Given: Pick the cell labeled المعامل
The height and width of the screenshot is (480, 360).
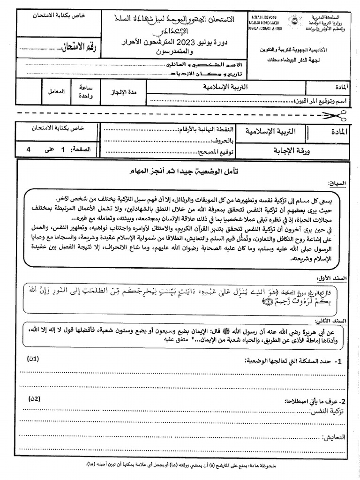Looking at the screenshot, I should pyautogui.click(x=56, y=91).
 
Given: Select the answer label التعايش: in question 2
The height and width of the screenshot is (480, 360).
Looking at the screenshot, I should pyautogui.click(x=333, y=437).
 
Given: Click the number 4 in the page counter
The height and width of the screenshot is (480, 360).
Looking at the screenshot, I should pyautogui.click(x=29, y=149).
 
